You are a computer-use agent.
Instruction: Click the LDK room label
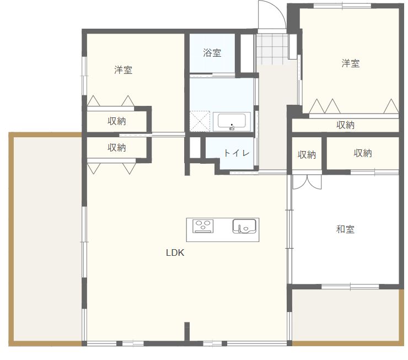[x=175, y=253]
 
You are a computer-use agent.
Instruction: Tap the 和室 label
[x=345, y=229]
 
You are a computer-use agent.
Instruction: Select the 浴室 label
[x=212, y=53]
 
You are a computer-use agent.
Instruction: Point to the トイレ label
[x=237, y=153]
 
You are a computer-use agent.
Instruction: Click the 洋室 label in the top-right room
[x=350, y=63]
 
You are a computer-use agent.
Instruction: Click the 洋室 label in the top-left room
[x=123, y=70]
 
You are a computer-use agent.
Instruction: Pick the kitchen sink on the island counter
[x=245, y=226]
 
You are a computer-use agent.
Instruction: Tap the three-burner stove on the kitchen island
[x=203, y=226]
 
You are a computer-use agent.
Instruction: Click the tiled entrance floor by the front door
[x=271, y=48]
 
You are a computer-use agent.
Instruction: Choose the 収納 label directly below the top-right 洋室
[x=345, y=125]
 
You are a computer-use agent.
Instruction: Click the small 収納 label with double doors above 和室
[x=307, y=155]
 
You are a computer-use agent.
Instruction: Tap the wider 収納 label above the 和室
[x=363, y=153]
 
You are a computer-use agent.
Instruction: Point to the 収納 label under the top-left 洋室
[x=116, y=121]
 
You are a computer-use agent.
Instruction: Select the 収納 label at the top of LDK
[x=116, y=148]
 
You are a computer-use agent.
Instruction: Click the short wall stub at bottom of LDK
[x=187, y=332]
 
